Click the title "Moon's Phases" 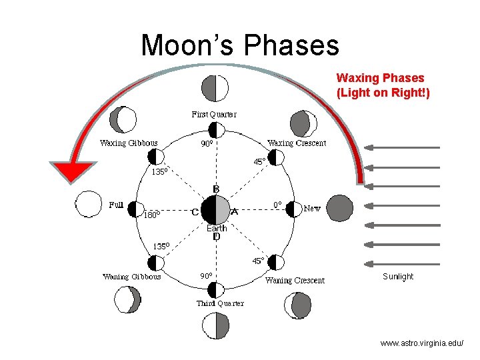[x=240, y=45]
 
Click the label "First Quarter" [x=214, y=115]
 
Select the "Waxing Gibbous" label [x=129, y=143]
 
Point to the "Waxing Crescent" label [x=297, y=143]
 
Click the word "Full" [x=116, y=205]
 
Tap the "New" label [x=312, y=209]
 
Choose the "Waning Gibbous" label [x=131, y=277]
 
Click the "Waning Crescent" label [x=295, y=280]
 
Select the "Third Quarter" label [x=220, y=303]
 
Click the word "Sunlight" [x=398, y=277]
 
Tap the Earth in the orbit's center [x=215, y=211]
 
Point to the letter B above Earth [x=217, y=189]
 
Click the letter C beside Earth [x=195, y=212]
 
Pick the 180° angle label [x=153, y=215]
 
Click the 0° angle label [x=278, y=205]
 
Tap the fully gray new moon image [x=340, y=208]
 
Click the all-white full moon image [x=87, y=204]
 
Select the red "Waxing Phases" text [x=383, y=85]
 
